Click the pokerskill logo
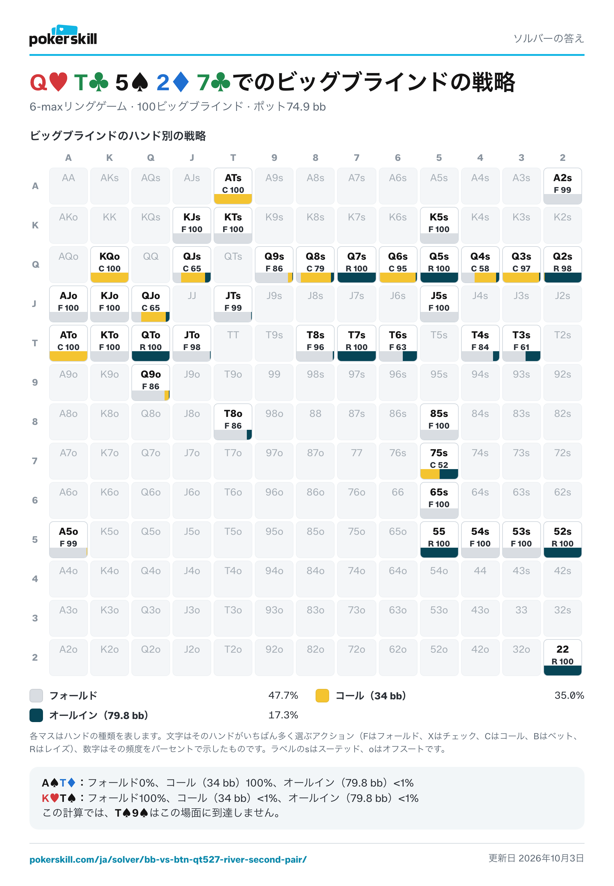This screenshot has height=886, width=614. point(63,36)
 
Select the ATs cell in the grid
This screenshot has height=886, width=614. point(233,186)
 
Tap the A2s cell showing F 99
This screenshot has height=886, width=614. point(562,186)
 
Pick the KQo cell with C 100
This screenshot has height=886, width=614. point(109,264)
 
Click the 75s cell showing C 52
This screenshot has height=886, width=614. point(439,461)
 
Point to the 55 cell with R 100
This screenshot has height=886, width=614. point(439,539)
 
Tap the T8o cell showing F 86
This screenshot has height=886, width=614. point(233,422)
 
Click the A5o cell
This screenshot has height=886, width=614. point(68,539)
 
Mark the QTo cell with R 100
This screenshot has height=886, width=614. point(150,343)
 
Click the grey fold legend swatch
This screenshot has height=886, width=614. point(36,696)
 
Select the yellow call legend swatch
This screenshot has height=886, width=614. point(322,696)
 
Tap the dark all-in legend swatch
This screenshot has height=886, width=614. point(36,715)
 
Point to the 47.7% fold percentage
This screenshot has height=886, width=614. point(283,696)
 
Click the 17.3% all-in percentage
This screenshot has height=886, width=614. point(283,715)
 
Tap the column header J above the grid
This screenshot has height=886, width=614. point(192,158)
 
